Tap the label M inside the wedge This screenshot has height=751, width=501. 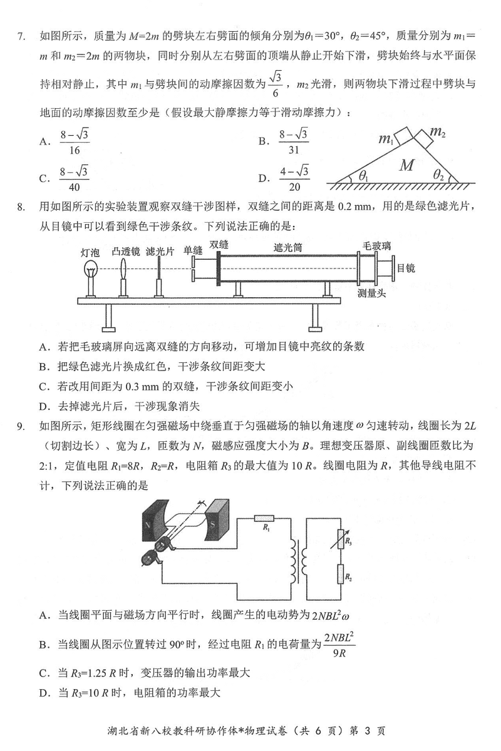tap(407, 165)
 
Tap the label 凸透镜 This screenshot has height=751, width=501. tap(125, 251)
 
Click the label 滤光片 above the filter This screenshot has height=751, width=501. tap(159, 251)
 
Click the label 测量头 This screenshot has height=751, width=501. tap(371, 293)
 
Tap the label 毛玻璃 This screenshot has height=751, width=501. tap(378, 245)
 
